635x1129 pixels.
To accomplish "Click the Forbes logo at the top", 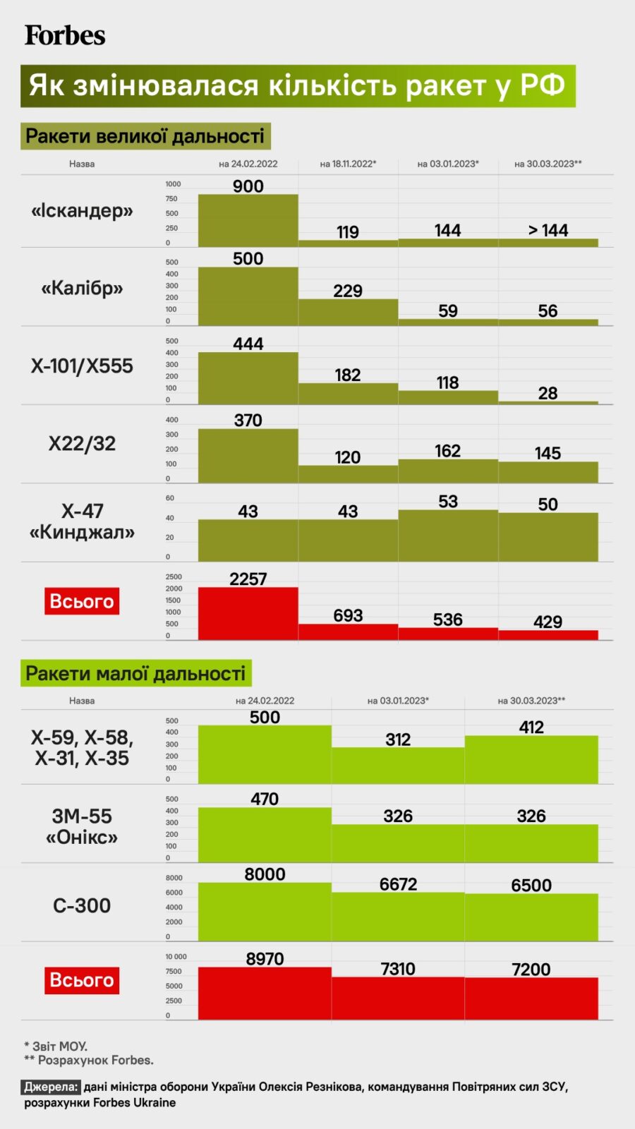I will (65, 35).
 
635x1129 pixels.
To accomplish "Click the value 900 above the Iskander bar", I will (248, 186).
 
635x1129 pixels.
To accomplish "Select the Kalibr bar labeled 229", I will (348, 312).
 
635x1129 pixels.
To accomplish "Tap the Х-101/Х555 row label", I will (82, 366).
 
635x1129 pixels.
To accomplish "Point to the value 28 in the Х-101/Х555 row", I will (548, 393).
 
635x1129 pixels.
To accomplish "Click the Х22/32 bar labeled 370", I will (248, 455).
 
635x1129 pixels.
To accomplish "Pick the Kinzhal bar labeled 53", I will (448, 536).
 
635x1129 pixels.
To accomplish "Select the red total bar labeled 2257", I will (248, 613).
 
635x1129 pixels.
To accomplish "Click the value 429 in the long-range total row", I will (548, 622).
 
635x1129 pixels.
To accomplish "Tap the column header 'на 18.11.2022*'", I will (348, 164).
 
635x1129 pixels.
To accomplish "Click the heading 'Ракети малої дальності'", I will (135, 673).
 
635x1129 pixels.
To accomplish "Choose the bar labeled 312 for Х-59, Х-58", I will (398, 766).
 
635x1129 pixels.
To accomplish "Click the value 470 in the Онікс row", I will (265, 799).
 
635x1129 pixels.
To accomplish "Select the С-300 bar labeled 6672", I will (398, 917).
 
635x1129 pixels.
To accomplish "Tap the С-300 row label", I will (82, 905).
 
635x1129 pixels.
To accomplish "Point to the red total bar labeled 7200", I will (531, 998).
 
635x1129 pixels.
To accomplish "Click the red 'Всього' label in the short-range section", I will (82, 980).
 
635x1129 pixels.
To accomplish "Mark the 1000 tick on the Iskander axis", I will (173, 184).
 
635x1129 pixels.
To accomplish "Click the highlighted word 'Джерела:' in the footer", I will (51, 1087).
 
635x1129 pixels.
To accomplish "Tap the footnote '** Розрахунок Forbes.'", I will (89, 1060).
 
